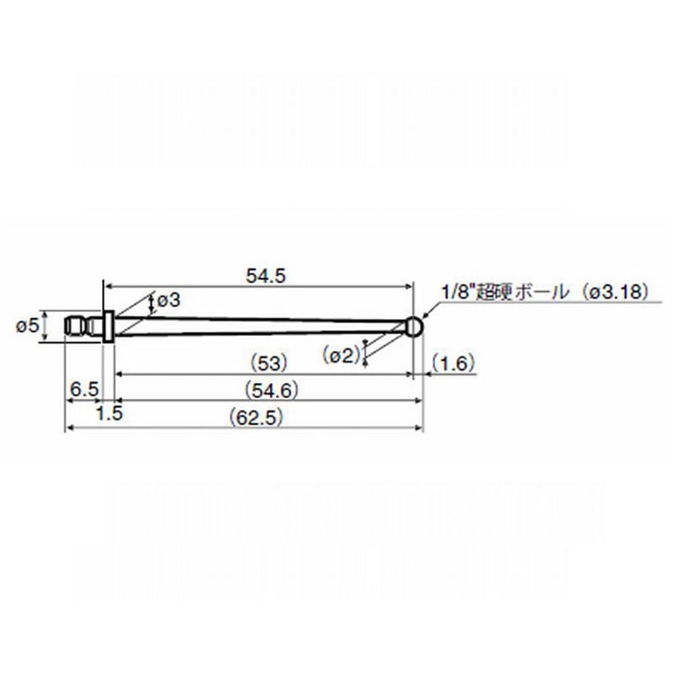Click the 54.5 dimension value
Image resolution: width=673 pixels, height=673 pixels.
pyautogui.click(x=266, y=276)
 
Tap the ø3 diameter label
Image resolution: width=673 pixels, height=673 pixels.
pyautogui.click(x=169, y=300)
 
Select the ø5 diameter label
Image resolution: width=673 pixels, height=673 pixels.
pyautogui.click(x=28, y=326)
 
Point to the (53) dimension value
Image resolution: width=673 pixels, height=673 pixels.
pyautogui.click(x=268, y=364)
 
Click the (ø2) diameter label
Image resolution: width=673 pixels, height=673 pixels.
pyautogui.click(x=342, y=355)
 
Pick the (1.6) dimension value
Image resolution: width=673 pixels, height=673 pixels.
pyautogui.click(x=453, y=363)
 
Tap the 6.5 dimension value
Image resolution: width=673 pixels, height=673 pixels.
pyautogui.click(x=85, y=389)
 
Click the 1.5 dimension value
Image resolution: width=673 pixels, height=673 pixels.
pyautogui.click(x=109, y=414)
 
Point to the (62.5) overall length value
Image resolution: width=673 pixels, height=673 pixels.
pyautogui.click(x=256, y=417)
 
